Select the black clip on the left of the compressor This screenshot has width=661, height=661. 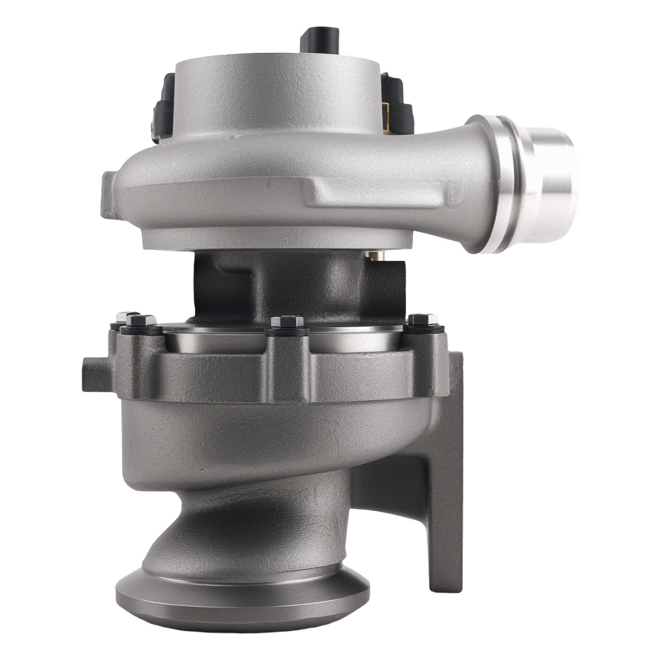[x=163, y=109]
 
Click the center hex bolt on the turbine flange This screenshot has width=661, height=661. [x=287, y=322]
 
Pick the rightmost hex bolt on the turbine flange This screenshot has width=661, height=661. [x=422, y=320]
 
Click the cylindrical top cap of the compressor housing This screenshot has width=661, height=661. [x=278, y=93]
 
